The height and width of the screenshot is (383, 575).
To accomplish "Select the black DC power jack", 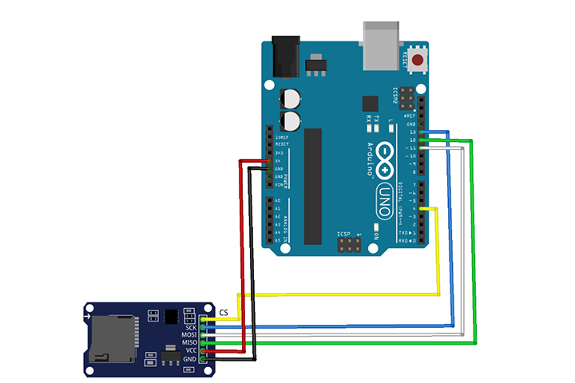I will coord(284,51).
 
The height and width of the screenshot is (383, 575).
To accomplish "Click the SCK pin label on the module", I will coord(191,328).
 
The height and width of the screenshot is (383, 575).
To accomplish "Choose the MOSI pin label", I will coord(189,335).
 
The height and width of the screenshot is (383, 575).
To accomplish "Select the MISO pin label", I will coord(189,343).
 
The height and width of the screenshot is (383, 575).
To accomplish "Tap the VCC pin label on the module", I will coord(191,351).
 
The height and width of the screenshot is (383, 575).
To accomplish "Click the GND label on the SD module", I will coord(191,359).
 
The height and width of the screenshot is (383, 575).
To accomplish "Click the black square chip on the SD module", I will coord(172,316).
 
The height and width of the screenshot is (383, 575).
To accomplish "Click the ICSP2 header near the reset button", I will coord(406,101).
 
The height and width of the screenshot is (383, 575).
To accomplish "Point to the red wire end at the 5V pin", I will coord(269,161).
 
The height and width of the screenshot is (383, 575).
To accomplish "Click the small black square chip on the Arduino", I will coord(370,104).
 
